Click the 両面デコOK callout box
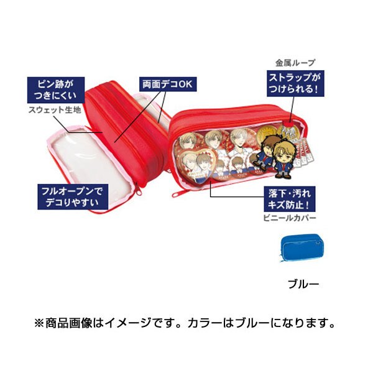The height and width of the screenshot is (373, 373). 168,84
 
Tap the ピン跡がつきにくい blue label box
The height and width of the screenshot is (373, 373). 56,90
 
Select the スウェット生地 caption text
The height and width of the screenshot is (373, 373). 55,110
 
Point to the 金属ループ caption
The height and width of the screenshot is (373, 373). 295,63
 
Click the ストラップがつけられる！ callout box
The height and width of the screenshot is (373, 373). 295,83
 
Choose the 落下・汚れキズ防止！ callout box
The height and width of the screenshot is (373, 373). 290,199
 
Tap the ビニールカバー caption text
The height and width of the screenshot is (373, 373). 290,218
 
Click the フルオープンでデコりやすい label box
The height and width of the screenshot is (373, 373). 73,196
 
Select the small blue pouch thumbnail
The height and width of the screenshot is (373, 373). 303,247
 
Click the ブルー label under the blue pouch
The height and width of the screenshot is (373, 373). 303,284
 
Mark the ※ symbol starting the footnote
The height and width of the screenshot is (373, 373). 39,323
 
